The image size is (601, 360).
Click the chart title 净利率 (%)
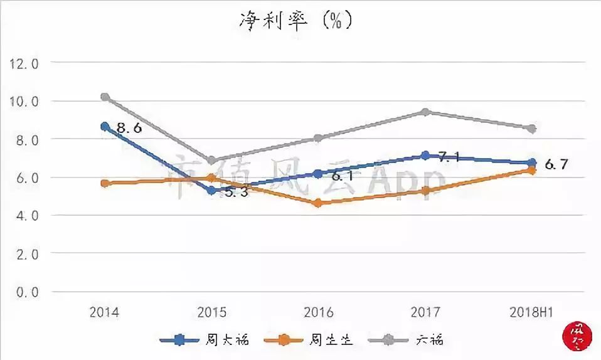[x=295, y=21]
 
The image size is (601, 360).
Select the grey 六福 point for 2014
[x=105, y=97]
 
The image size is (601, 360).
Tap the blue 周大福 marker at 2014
[x=105, y=127]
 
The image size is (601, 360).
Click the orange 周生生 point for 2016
[x=318, y=203]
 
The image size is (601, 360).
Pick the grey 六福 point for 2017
[x=425, y=112]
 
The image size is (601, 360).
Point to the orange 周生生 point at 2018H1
[x=531, y=170]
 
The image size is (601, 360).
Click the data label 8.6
[x=129, y=129]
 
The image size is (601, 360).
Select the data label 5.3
[x=235, y=193]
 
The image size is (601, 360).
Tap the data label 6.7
[x=556, y=165]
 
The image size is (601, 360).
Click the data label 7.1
[x=449, y=157]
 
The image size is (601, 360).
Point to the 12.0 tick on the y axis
[x=23, y=63]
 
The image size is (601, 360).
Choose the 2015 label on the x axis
[x=211, y=312]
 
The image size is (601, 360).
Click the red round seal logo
[x=575, y=336]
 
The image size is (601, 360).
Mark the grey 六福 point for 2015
[x=212, y=161]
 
